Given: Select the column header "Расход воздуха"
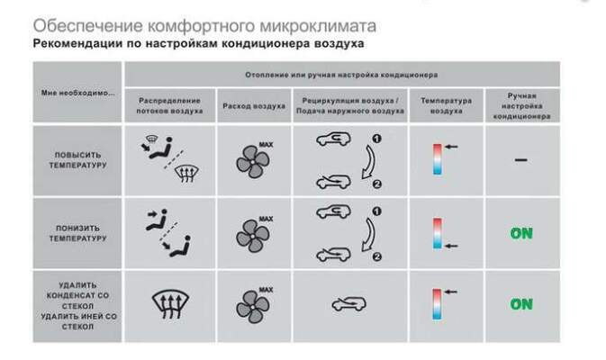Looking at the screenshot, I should pyautogui.click(x=254, y=104).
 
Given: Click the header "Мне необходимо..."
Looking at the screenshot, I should pyautogui.click(x=77, y=92).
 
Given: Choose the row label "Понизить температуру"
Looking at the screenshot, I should pyautogui.click(x=78, y=233).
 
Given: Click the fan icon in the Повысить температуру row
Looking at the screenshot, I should pyautogui.click(x=252, y=162).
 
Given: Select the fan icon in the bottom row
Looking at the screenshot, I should pyautogui.click(x=252, y=304).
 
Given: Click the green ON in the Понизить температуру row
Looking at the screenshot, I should pyautogui.click(x=521, y=234).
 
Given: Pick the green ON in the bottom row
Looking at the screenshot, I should pyautogui.click(x=521, y=304).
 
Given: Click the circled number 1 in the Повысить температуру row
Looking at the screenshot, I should pyautogui.click(x=377, y=138).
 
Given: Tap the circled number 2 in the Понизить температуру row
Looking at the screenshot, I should pyautogui.click(x=377, y=256).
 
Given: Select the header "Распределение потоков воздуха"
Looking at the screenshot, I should pyautogui.click(x=168, y=104).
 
